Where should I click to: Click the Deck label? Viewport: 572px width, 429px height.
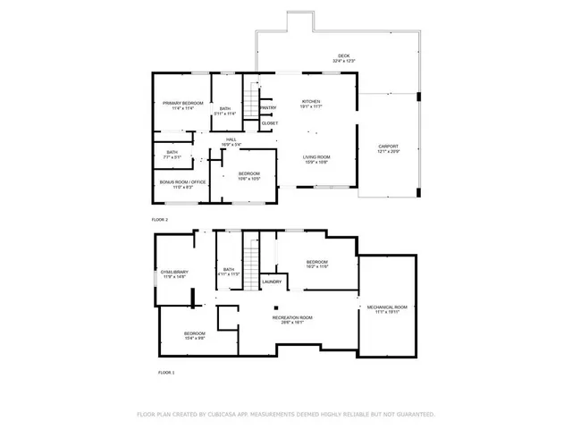point(344,58)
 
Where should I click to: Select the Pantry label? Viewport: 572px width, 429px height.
point(268,108)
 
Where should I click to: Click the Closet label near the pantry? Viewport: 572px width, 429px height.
point(269,123)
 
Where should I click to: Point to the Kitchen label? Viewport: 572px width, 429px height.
point(311,104)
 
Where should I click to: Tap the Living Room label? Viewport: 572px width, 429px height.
point(316,159)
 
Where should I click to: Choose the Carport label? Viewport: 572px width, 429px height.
point(388,148)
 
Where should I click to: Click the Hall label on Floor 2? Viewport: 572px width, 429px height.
point(231,142)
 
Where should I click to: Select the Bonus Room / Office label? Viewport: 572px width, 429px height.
point(182,184)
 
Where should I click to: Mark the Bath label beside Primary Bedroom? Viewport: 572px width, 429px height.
point(225,111)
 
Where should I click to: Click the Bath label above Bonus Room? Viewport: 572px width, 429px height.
point(172,154)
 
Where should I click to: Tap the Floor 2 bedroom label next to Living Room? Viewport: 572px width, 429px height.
point(248,175)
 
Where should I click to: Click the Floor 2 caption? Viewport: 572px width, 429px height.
point(160,219)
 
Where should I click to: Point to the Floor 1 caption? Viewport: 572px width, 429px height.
point(166,372)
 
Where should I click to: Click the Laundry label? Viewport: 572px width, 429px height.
point(272,282)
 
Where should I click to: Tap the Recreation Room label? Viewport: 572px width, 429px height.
point(292,320)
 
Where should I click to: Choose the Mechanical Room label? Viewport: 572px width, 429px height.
point(387,310)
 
